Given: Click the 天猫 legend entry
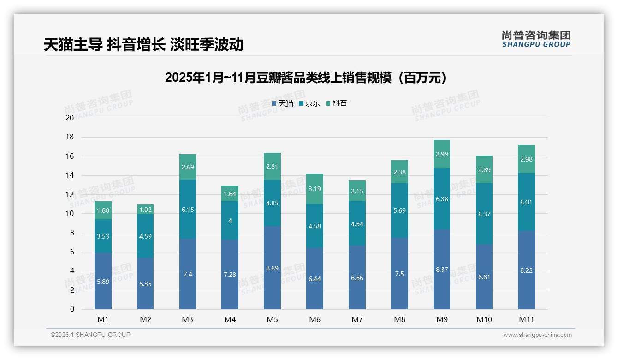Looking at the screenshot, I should point(283,103).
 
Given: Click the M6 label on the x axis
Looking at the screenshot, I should point(315,319).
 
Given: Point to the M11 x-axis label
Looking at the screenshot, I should point(526,319).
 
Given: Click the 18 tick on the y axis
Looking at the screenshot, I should point(70,137).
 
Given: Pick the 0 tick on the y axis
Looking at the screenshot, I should point(72,309).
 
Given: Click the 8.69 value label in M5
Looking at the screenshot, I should point(272,268).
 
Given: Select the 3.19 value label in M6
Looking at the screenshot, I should point(315,188).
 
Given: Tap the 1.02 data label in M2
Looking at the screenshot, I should point(145,209).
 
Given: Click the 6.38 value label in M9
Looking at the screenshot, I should point(442,199).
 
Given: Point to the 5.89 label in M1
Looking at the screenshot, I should point(103,281).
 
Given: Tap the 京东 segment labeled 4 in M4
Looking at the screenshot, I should point(230,221).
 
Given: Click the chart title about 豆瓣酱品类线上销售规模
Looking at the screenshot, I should point(306,78).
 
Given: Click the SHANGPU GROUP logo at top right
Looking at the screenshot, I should point(536,39).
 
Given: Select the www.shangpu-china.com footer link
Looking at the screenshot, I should point(537,335).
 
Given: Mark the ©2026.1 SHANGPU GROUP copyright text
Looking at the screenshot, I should point(90,335).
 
